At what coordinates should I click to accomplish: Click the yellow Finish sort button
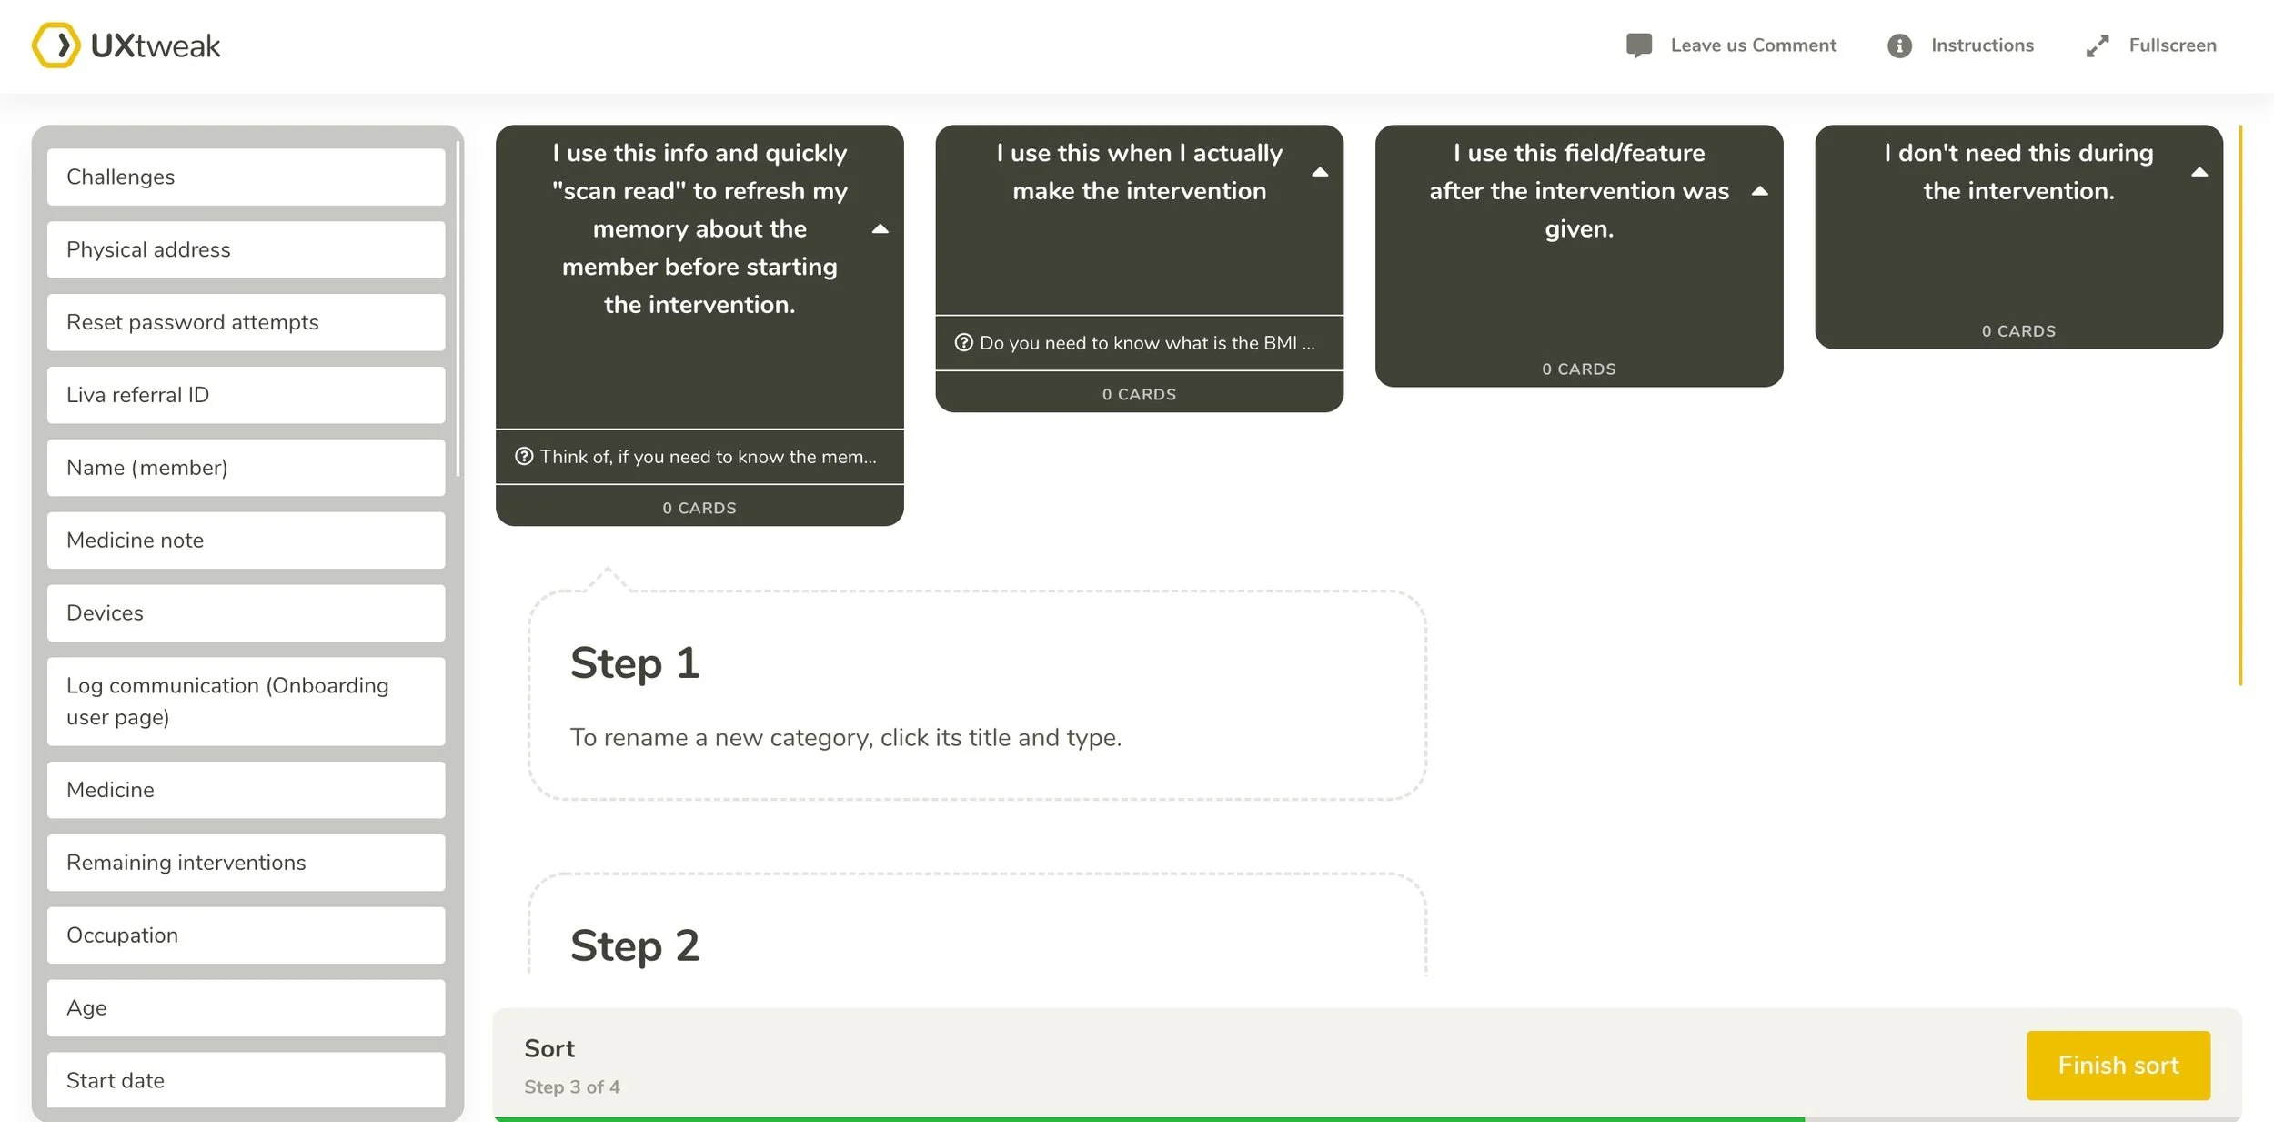coord(2118,1065)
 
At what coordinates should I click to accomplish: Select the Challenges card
coord(246,177)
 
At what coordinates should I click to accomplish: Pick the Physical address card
coord(246,249)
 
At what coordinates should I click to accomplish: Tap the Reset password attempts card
coord(246,322)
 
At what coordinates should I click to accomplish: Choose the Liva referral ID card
coord(246,395)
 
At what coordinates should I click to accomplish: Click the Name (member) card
coord(246,468)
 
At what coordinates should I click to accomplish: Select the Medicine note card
coord(246,541)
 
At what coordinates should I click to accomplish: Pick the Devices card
coord(246,613)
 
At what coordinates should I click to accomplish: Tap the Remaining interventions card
coord(246,863)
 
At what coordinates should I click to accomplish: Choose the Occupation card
coord(246,935)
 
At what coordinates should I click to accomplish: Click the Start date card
coord(246,1080)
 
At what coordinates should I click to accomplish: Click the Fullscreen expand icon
coord(2097,45)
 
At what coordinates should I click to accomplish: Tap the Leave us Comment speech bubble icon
coord(1638,45)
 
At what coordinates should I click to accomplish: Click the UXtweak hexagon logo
coord(56,45)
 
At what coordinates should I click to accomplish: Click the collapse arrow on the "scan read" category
coord(880,229)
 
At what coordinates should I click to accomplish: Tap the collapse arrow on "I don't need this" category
coord(2199,172)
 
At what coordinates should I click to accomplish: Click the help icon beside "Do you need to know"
coord(963,343)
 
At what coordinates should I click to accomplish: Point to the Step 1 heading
coord(635,663)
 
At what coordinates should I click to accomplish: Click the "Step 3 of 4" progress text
coord(572,1087)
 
